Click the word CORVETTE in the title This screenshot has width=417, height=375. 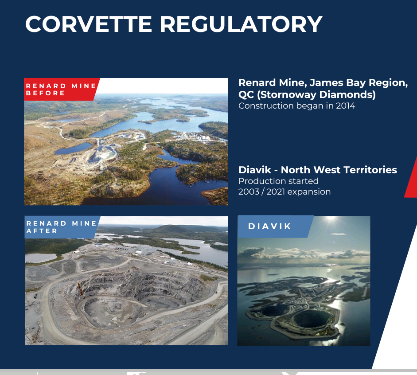click(x=89, y=24)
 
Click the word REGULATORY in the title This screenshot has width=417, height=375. click(x=241, y=24)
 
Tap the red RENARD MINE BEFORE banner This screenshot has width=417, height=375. click(x=62, y=90)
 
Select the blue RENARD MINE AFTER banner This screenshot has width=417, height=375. click(x=62, y=227)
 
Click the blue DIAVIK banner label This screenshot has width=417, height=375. click(x=276, y=227)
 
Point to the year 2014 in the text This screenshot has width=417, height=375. click(x=346, y=106)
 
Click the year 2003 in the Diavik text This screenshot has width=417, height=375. click(x=249, y=192)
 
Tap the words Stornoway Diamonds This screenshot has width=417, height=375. click(x=316, y=95)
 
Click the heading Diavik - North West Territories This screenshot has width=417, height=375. click(x=318, y=170)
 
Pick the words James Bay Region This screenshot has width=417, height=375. click(x=359, y=83)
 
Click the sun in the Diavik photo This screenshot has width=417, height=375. click(x=331, y=219)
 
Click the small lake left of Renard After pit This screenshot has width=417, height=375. click(x=40, y=258)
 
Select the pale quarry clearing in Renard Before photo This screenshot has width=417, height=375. click(x=101, y=154)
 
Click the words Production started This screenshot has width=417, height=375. click(x=278, y=181)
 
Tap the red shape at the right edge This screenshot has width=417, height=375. click(x=411, y=178)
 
